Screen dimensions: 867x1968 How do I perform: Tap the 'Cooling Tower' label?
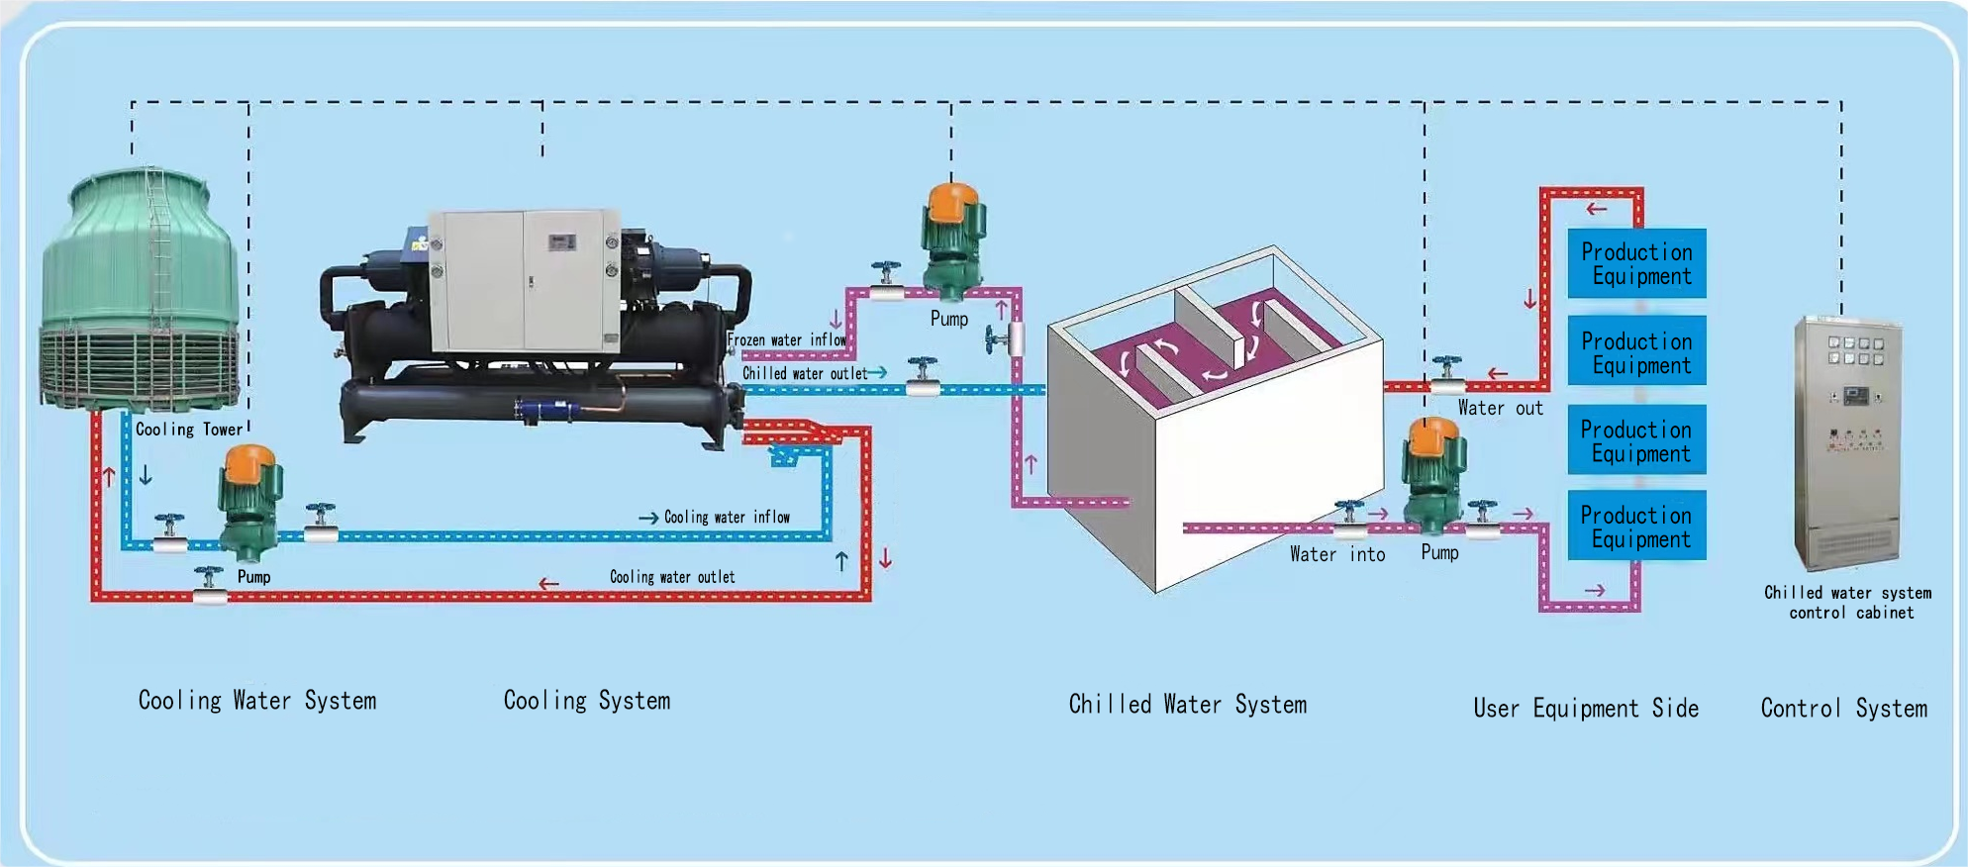point(189,430)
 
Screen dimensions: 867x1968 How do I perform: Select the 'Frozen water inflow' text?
point(787,340)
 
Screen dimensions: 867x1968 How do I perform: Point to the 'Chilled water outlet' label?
point(805,373)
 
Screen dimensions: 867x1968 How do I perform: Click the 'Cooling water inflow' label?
point(727,517)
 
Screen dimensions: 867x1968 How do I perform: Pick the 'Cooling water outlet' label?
point(672,577)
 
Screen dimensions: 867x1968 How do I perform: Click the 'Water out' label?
point(1500,408)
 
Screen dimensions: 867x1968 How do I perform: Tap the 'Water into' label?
point(1337,555)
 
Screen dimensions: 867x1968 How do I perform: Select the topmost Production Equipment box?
point(1636,263)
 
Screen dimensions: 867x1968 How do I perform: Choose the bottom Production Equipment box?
point(1636,527)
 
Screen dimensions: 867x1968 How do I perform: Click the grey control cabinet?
point(1847,441)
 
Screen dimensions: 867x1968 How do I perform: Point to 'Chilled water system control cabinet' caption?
point(1848,602)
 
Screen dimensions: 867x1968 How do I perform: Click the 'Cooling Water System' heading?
point(257,701)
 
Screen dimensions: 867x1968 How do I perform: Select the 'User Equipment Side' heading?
point(1586,709)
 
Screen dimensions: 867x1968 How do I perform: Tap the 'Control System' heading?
point(1843,709)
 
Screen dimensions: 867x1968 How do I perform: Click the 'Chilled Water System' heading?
point(1188,705)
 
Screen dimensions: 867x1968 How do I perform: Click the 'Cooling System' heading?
point(587,701)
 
